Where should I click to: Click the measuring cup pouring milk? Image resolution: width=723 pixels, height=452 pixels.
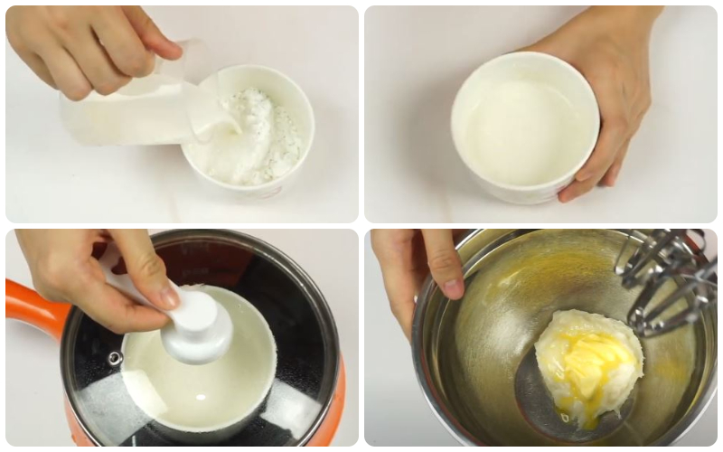click(x=122, y=113)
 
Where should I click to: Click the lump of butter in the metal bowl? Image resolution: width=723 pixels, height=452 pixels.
click(x=587, y=357)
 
